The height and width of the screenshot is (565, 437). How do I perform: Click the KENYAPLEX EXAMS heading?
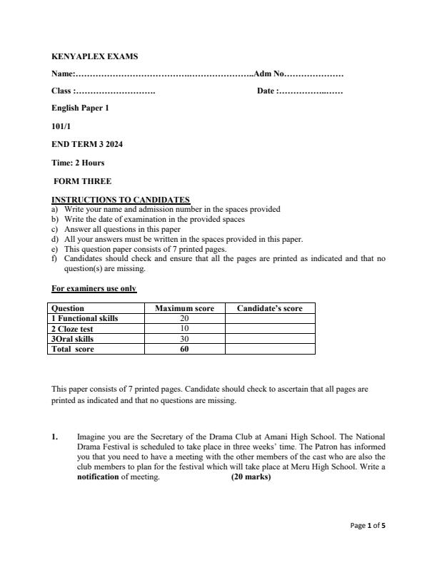point(95,56)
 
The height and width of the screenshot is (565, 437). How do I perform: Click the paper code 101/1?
point(61,126)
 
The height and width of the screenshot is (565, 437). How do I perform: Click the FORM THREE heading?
point(83,181)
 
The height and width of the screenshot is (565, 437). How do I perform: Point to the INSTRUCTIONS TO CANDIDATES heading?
point(121,200)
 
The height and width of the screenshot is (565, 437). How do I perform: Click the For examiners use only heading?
point(94,289)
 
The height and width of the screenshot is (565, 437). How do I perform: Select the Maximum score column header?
point(184,309)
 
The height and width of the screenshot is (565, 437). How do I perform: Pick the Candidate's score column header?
point(269,309)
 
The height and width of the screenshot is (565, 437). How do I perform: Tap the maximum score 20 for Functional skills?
point(184,319)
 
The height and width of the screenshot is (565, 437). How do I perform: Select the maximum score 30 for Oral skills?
point(184,339)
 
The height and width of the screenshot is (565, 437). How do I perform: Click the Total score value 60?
point(184,350)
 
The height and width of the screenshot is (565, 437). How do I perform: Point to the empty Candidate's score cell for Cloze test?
point(269,329)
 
